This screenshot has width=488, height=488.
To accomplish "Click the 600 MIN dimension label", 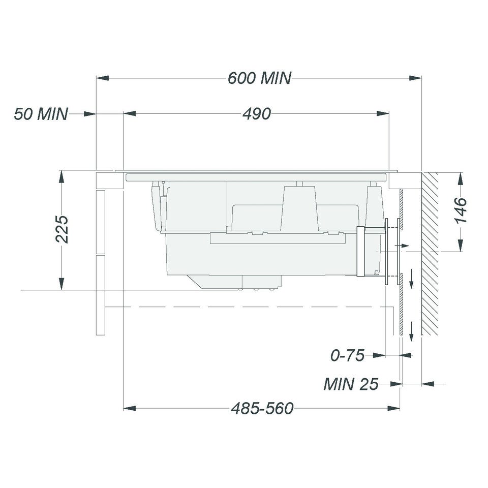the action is [x=260, y=78].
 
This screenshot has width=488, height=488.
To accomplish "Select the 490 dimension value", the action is [x=257, y=114].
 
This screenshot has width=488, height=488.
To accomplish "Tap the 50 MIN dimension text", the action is [x=41, y=114].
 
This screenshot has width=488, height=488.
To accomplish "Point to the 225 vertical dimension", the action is [x=62, y=229].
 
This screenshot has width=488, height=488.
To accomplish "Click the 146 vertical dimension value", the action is [x=461, y=210].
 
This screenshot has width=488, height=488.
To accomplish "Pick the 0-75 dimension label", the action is [x=347, y=355].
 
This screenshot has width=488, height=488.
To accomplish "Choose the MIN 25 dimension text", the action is [x=351, y=384].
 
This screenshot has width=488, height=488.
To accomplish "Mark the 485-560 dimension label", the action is [x=262, y=408].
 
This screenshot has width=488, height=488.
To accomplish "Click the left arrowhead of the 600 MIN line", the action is [x=102, y=78].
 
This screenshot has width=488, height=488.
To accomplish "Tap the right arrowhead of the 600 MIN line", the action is [x=415, y=78].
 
